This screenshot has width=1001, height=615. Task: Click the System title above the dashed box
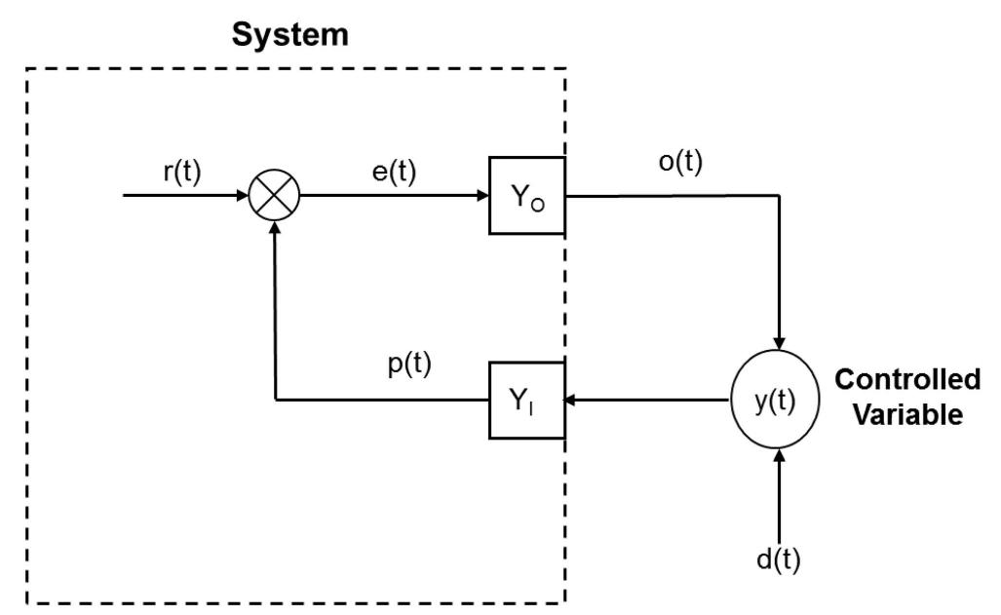(290, 37)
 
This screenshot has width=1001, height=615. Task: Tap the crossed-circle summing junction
(276, 195)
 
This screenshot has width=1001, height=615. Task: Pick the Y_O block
(526, 195)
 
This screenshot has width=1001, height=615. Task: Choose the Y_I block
(526, 400)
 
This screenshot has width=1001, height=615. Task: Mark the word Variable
(907, 415)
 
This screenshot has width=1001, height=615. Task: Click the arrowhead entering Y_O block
(481, 195)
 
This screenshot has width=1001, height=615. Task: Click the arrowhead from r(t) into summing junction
(243, 195)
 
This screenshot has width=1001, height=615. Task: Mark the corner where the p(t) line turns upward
(276, 400)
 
